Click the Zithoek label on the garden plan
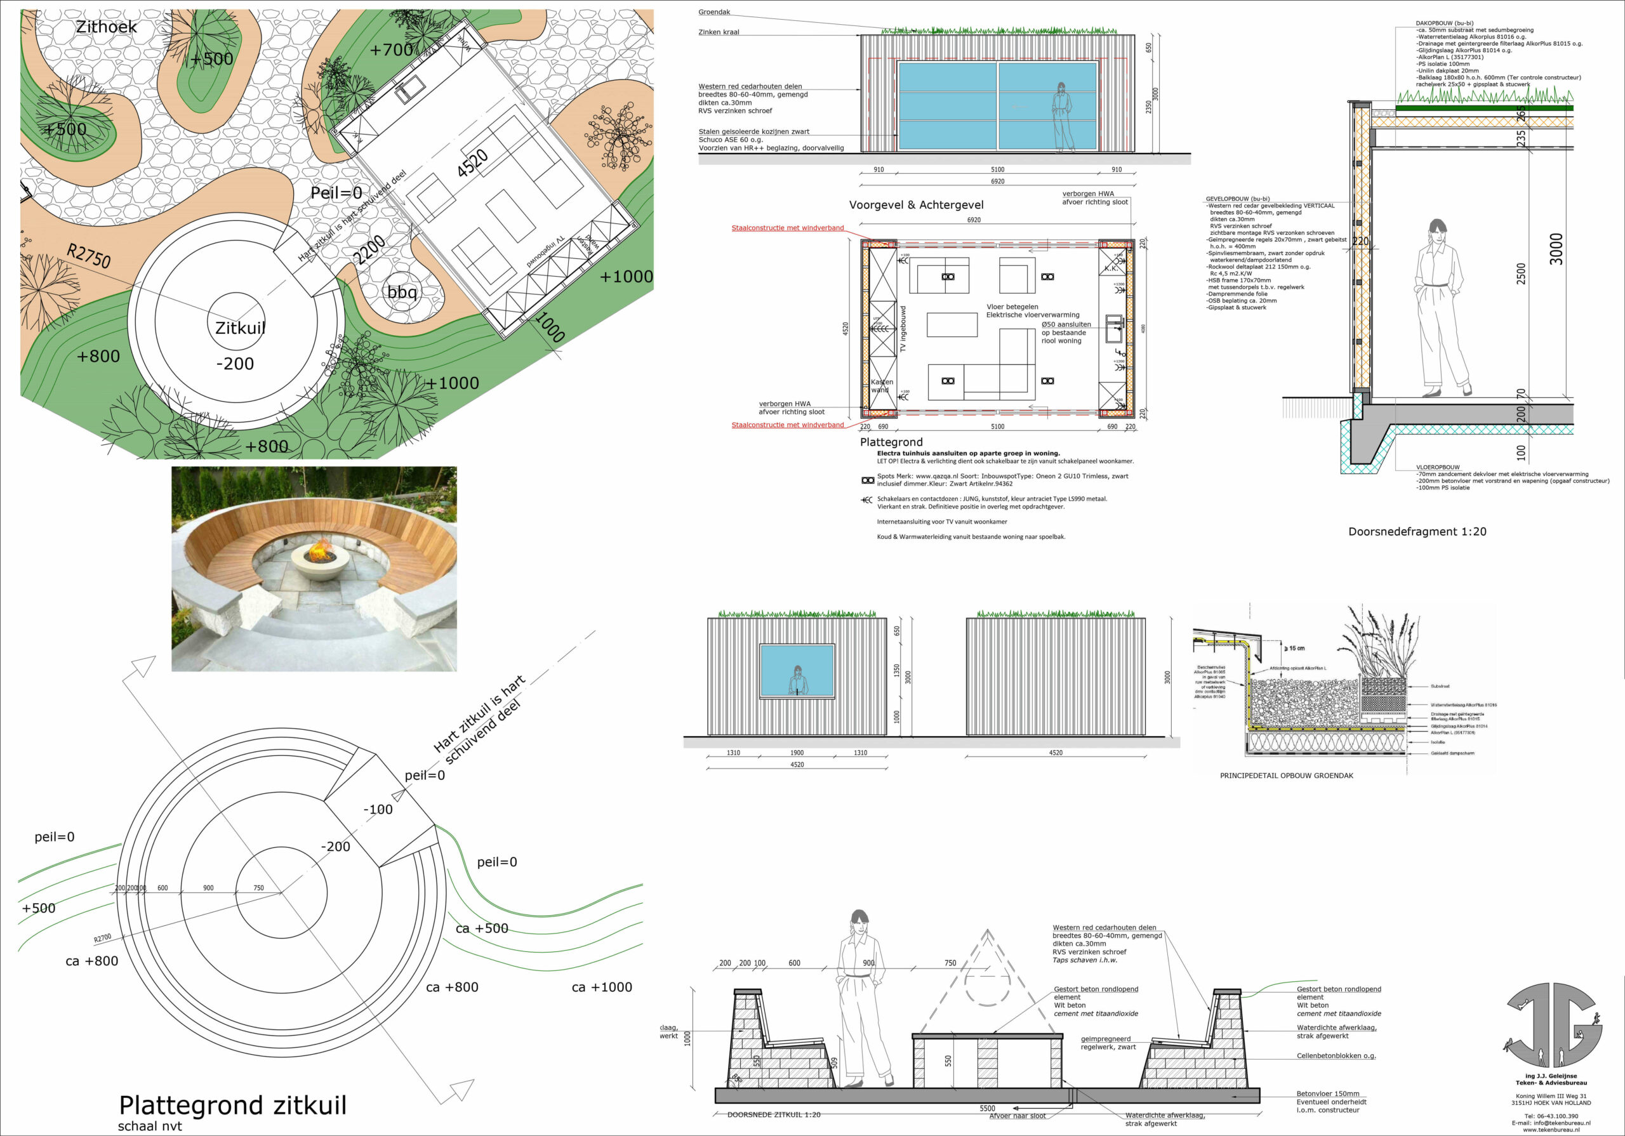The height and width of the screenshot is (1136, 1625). tap(106, 27)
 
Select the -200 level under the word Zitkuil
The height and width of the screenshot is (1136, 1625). tap(235, 364)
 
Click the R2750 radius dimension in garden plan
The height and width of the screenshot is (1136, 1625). tap(89, 256)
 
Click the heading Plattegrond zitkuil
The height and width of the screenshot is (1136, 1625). tap(233, 1105)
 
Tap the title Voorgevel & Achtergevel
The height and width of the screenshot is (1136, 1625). tap(916, 204)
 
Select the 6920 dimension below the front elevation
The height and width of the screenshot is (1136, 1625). tap(997, 182)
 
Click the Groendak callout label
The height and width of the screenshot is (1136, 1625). tap(714, 12)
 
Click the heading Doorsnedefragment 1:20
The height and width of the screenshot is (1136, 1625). tap(1417, 532)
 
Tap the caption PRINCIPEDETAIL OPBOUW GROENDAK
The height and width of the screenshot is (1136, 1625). tap(1286, 776)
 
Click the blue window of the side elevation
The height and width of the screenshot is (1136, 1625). tap(797, 670)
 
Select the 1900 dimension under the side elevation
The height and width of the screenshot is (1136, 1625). tap(797, 753)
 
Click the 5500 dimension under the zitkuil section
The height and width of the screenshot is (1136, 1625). tap(986, 1109)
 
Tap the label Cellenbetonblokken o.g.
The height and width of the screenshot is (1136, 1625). tap(1336, 1055)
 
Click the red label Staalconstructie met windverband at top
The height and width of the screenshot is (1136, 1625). tap(787, 228)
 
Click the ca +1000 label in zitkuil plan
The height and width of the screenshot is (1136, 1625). tap(602, 987)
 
